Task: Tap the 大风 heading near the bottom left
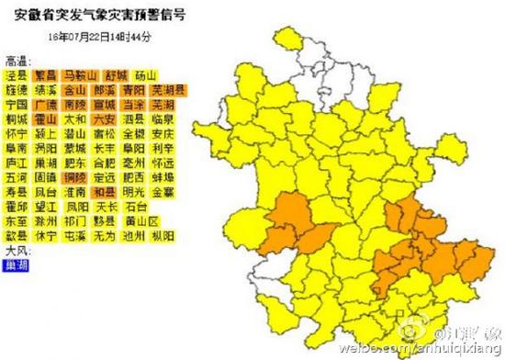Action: pyautogui.click(x=17, y=249)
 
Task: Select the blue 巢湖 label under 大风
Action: pyautogui.click(x=16, y=263)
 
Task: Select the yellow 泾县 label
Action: pyautogui.click(x=16, y=75)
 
